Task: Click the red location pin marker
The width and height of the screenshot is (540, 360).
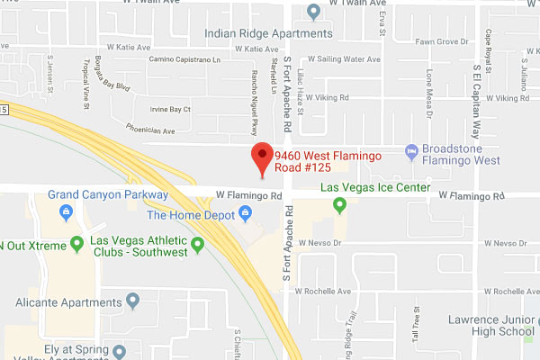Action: point(262,156)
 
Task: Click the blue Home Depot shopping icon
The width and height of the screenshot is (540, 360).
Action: point(245,214)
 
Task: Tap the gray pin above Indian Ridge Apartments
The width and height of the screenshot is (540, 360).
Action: point(313,12)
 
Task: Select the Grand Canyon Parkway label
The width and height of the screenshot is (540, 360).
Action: point(107,194)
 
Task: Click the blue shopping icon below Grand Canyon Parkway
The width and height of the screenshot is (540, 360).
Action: point(66,212)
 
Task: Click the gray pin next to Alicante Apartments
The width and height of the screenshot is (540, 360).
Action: point(133,300)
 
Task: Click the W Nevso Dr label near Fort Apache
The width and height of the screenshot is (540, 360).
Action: point(326,244)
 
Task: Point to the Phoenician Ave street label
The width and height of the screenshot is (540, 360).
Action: point(149,130)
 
